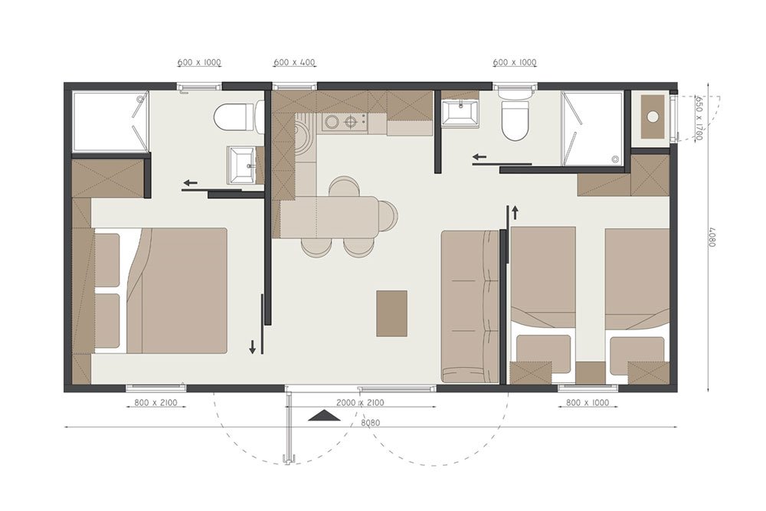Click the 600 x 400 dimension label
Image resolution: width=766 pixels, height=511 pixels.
coord(294,63)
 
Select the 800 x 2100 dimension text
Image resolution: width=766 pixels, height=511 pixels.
coord(155,403)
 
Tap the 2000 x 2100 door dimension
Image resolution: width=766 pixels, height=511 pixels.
coord(361,403)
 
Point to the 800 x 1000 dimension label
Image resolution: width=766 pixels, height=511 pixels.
coord(588,402)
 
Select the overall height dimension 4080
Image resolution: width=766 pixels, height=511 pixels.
coord(712,235)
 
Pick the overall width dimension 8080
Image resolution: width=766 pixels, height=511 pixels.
coord(371,423)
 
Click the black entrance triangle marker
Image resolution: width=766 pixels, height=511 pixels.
coord(325,415)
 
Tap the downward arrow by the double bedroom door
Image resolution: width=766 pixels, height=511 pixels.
coord(253,347)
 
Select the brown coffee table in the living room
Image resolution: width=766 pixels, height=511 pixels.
coord(391,313)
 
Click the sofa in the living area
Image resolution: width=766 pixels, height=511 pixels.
coord(470,306)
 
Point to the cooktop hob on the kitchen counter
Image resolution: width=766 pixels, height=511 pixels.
coord(343,122)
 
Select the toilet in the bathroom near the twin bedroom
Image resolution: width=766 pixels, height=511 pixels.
coord(516,117)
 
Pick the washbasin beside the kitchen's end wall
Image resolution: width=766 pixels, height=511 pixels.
coord(460,113)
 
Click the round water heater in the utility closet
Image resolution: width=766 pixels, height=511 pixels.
coord(653,116)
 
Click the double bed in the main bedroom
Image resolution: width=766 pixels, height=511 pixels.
coord(161,290)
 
